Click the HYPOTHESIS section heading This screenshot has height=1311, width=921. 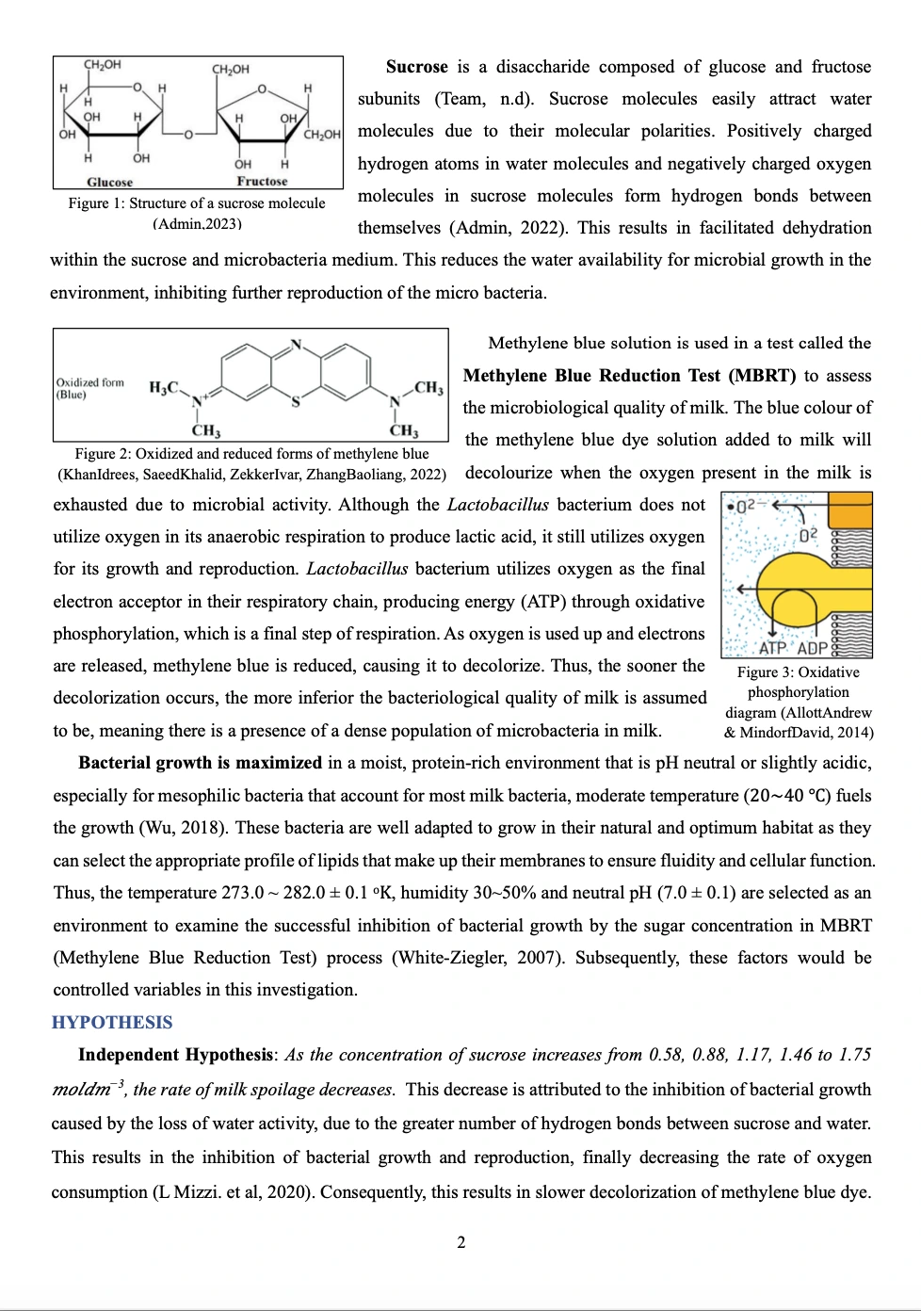tap(112, 1023)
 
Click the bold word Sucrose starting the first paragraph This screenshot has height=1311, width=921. tap(416, 67)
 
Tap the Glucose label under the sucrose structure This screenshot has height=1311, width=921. tap(110, 182)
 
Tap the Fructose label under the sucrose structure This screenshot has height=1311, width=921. tap(262, 181)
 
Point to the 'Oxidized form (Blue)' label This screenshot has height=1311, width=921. tap(89, 388)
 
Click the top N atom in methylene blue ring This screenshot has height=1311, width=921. tap(296, 344)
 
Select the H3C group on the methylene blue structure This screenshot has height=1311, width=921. tap(165, 387)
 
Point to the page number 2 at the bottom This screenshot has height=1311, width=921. tap(460, 1242)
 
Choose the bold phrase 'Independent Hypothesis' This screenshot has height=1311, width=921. tap(176, 1055)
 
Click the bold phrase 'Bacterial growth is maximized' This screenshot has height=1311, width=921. tap(200, 763)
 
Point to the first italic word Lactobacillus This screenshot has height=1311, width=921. tap(497, 505)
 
